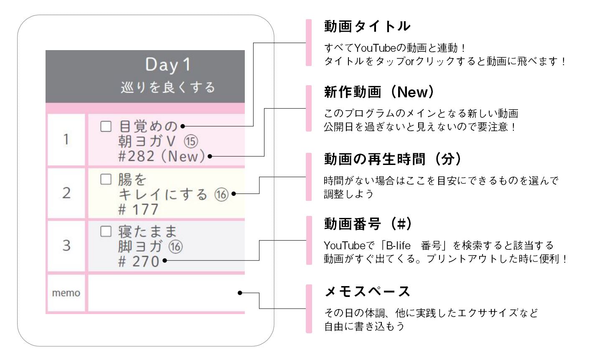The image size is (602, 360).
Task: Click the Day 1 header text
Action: click(168, 65)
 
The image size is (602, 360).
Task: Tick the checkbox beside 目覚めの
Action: click(106, 126)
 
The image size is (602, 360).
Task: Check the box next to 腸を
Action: click(106, 179)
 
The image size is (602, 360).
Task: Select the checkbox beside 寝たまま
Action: click(106, 231)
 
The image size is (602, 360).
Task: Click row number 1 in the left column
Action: click(66, 139)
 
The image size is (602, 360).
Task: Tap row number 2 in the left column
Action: click(66, 193)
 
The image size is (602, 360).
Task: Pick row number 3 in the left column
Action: click(66, 245)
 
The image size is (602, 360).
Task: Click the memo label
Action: click(66, 293)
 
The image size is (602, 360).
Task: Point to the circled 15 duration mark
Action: click(191, 141)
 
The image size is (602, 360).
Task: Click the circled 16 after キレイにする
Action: click(221, 194)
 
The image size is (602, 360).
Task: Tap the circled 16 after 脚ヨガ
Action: click(175, 247)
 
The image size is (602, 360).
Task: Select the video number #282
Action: click(137, 156)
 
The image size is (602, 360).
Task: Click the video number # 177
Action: click(138, 209)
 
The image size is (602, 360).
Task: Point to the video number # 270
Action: click(139, 261)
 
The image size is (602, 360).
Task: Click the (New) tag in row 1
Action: click(183, 156)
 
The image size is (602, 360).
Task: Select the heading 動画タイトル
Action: click(367, 26)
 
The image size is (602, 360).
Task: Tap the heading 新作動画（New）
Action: click(379, 92)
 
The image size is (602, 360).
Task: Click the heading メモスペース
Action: click(367, 292)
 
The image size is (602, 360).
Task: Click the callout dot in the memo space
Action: click(240, 293)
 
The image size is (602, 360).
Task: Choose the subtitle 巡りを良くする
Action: click(168, 88)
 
